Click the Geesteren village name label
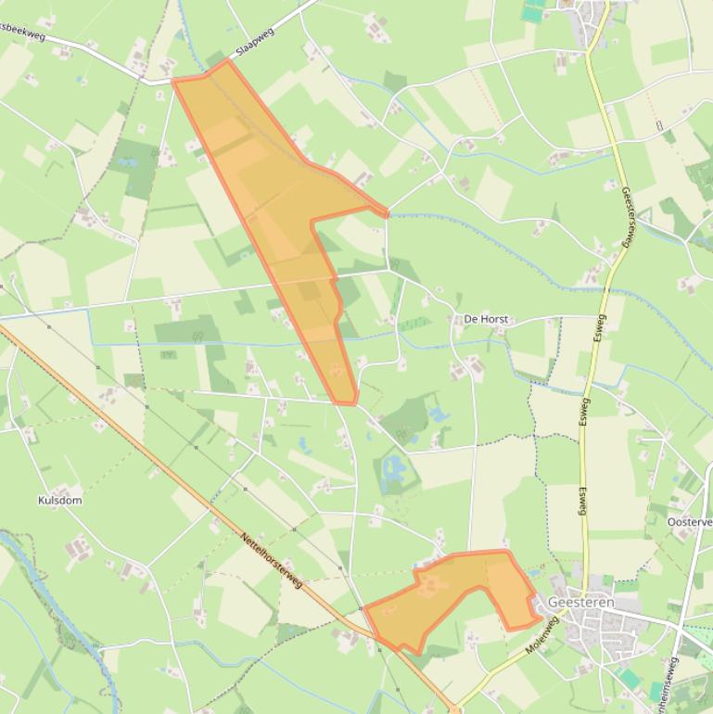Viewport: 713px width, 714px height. [580, 602]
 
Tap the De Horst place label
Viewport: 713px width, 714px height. [484, 319]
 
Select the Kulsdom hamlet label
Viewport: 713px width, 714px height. [59, 500]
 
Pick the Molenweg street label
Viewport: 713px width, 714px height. [542, 636]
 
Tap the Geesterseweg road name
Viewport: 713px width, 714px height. [628, 217]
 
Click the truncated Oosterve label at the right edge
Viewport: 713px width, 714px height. [689, 522]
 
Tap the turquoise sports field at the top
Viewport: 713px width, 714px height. [532, 11]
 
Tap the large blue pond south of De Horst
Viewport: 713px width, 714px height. [396, 468]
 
